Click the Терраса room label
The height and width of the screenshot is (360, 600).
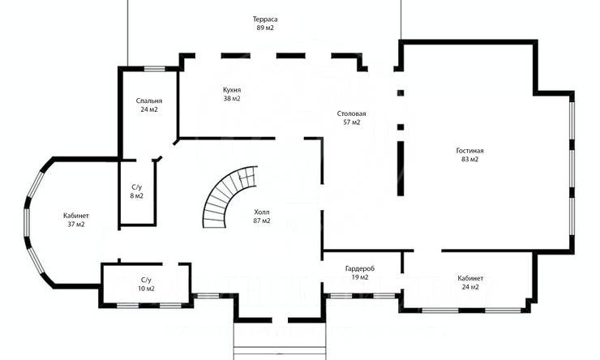point(265,19)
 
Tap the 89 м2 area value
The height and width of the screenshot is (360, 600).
point(265,28)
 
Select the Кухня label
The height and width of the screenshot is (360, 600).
point(232,90)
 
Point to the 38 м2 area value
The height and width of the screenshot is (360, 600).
point(232,98)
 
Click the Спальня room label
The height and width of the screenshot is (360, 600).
point(149,101)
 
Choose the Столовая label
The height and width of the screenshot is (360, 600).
point(351,114)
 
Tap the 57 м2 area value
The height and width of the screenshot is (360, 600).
point(351,122)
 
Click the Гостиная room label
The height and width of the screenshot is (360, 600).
point(469,151)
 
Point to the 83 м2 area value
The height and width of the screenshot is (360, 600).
point(469,160)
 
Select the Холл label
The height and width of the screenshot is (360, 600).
point(262,212)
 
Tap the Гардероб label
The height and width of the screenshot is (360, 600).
point(360,268)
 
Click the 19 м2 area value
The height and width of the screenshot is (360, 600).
point(360,277)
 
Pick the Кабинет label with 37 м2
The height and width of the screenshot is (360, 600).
point(76,216)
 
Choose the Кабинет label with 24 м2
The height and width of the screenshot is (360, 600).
point(470,278)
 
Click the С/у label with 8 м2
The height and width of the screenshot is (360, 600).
point(136,187)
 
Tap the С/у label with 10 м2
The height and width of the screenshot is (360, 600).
point(146,280)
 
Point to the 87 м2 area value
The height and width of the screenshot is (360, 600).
point(262,221)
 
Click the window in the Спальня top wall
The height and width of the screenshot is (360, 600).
point(155,69)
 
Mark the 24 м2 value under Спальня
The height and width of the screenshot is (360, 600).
point(149,109)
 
